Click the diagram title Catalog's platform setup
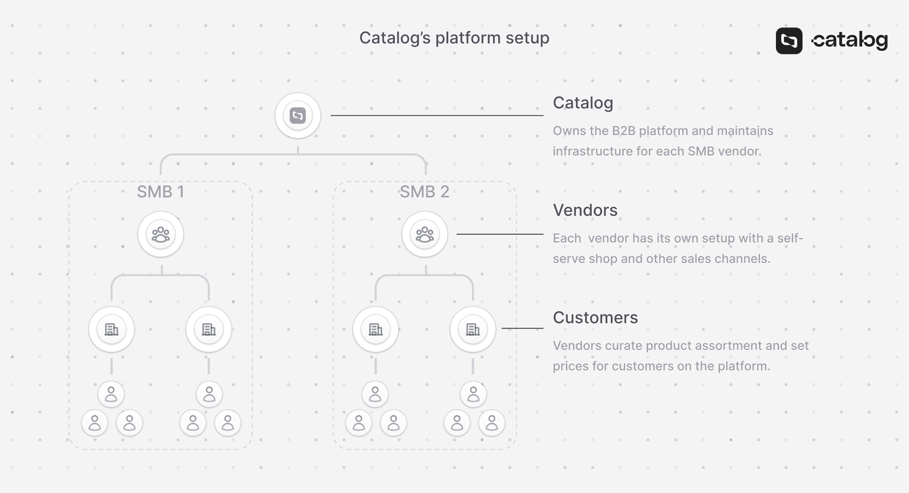click(x=454, y=38)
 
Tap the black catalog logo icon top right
click(x=789, y=41)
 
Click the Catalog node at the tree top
click(x=298, y=115)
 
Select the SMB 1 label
click(x=160, y=192)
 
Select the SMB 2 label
click(x=424, y=192)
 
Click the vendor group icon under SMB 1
click(x=160, y=234)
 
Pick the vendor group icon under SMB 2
click(x=425, y=234)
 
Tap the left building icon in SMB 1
click(x=112, y=329)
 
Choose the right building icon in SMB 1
click(x=209, y=329)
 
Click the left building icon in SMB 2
click(x=375, y=329)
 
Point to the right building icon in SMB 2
click(x=473, y=329)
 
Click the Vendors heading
click(x=585, y=210)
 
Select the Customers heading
click(x=595, y=317)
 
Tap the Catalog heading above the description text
click(x=583, y=103)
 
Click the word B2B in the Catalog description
click(x=624, y=131)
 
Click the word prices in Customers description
click(x=570, y=366)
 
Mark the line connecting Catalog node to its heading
click(x=437, y=115)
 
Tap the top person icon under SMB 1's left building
click(x=111, y=394)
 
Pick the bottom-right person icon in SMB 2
click(x=492, y=423)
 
